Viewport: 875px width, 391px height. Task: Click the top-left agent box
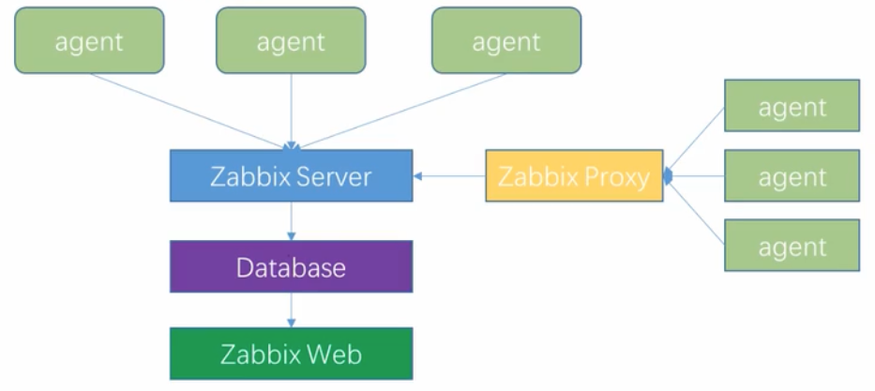[89, 40]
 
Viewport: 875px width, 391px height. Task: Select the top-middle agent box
[291, 40]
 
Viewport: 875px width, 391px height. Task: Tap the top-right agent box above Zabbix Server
[505, 40]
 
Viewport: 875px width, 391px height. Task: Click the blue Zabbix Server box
[291, 176]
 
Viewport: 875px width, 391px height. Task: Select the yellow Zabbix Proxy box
[574, 176]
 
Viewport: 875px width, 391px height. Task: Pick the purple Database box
[291, 267]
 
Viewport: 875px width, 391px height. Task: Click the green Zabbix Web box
[291, 354]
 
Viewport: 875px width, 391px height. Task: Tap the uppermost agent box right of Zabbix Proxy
[792, 106]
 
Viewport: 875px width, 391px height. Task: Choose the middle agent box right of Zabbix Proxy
[792, 176]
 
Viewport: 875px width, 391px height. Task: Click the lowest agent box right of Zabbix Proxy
[792, 247]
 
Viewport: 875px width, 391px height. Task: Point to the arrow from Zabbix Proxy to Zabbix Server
[449, 175]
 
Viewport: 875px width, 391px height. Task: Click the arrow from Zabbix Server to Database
[292, 221]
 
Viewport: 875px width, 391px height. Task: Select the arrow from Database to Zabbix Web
[292, 310]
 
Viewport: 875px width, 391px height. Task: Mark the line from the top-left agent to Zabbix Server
[188, 110]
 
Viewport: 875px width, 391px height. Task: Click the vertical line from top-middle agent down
[291, 108]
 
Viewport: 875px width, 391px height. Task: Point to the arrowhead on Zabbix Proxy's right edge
[668, 175]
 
